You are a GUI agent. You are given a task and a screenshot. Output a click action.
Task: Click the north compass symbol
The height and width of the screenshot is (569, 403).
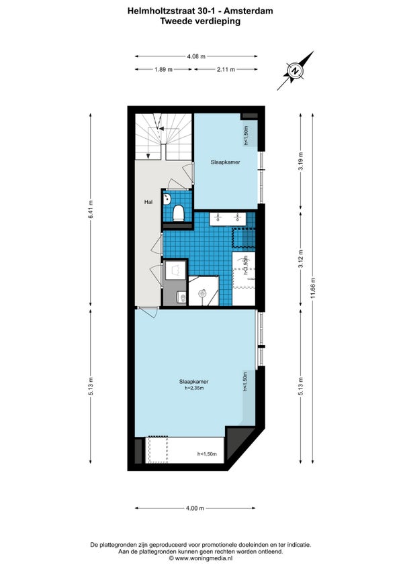[296, 70]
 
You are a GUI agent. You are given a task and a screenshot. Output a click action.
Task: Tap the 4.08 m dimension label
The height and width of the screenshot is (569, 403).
[196, 56]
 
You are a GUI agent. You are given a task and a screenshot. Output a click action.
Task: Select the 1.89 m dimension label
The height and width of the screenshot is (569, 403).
[163, 69]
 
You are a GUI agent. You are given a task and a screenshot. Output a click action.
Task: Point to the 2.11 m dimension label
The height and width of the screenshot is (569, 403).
[226, 69]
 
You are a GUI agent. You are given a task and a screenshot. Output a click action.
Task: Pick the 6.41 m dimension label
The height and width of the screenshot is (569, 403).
[91, 209]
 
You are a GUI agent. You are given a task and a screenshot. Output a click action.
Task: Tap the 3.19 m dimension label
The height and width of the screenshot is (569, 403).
[300, 161]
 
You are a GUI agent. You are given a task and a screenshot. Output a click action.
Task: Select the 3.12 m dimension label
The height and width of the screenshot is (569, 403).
[300, 259]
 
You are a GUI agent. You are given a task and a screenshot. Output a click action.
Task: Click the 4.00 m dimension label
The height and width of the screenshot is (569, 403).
[195, 508]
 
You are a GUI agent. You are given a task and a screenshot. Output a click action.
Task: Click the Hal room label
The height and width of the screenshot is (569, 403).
[148, 202]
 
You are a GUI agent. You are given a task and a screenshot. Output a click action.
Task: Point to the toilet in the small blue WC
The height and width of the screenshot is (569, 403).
[178, 213]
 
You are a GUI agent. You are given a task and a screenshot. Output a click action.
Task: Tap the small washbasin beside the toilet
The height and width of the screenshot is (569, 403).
[167, 199]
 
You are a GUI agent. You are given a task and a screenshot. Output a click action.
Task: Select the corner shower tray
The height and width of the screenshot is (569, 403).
[203, 291]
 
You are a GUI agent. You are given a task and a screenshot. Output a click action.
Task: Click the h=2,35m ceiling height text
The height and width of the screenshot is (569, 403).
[194, 388]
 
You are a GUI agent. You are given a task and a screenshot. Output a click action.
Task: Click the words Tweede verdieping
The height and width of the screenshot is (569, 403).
[200, 21]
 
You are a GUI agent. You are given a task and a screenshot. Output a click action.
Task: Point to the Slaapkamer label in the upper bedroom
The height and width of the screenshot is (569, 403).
[225, 162]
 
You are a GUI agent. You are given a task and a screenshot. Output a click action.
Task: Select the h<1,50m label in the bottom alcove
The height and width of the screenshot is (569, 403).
[207, 454]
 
